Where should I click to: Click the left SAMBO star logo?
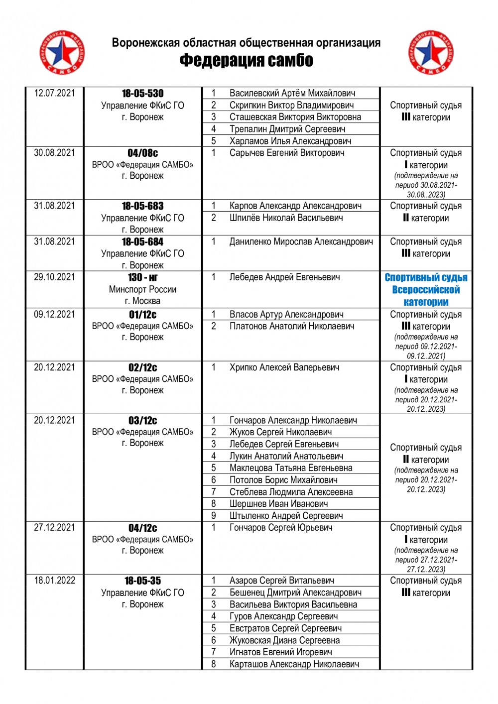[x=62, y=52]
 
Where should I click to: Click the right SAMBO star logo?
[x=431, y=52]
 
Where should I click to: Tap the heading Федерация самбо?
[x=246, y=61]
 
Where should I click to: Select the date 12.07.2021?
[x=54, y=93]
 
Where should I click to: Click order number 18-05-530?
[x=142, y=94]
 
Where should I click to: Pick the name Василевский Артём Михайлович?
[x=292, y=93]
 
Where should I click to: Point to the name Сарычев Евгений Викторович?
[x=287, y=153]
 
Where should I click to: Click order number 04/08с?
[x=142, y=153]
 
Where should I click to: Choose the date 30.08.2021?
[x=54, y=153]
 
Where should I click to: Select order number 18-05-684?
[x=142, y=242]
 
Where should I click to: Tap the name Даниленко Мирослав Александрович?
[x=301, y=241]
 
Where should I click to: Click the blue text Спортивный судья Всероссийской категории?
[x=426, y=290]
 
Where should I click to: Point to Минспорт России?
[x=142, y=289]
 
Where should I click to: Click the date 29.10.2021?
[x=54, y=277]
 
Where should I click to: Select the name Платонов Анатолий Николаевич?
[x=292, y=326]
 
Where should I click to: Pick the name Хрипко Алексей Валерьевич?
[x=284, y=367]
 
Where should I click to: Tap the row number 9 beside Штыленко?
[x=214, y=516]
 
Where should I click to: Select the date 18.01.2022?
[x=54, y=581]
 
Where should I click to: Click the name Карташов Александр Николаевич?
[x=294, y=664]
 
